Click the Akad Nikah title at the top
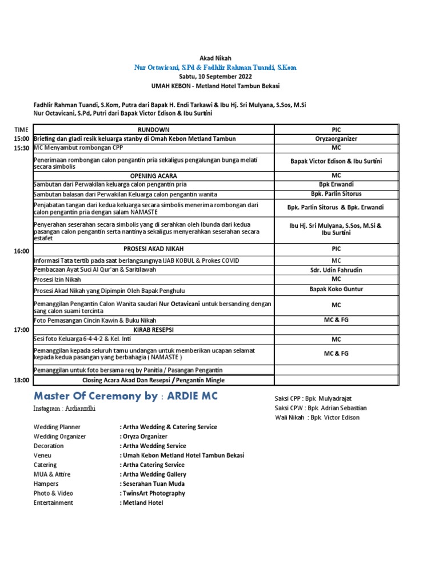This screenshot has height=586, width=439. pyautogui.click(x=215, y=58)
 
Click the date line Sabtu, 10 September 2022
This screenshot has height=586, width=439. pyautogui.click(x=215, y=76)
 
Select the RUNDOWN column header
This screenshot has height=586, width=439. pyautogui.click(x=153, y=130)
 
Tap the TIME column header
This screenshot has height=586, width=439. pyautogui.click(x=21, y=130)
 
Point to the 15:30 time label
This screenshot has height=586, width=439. pyautogui.click(x=21, y=148)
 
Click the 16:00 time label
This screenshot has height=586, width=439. pyautogui.click(x=21, y=251)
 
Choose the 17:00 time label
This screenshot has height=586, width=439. pyautogui.click(x=21, y=330)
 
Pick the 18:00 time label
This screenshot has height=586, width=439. pyautogui.click(x=21, y=380)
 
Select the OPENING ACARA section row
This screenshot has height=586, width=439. pyautogui.click(x=153, y=176)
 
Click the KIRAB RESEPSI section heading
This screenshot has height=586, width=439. pyautogui.click(x=153, y=330)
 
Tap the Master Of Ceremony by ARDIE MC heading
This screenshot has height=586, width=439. pyautogui.click(x=126, y=396)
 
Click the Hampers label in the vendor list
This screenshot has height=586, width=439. pyautogui.click(x=46, y=484)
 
